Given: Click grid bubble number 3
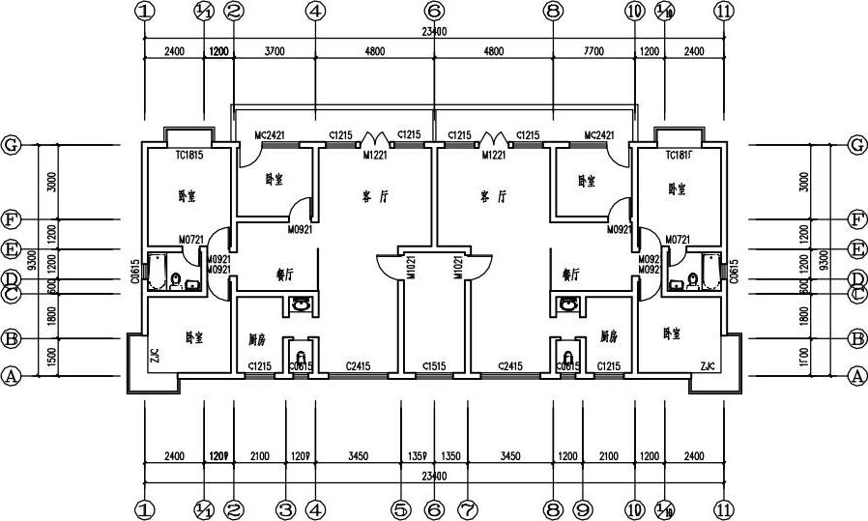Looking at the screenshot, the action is tap(285, 507).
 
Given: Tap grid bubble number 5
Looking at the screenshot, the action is tap(402, 507).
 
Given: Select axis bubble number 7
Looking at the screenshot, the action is tap(468, 507).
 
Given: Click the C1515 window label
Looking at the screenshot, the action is tap(434, 366).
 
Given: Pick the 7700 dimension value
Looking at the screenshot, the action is tap(593, 53).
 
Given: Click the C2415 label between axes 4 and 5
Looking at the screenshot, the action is tap(359, 366).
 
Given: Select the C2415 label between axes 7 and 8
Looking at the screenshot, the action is tap(509, 366).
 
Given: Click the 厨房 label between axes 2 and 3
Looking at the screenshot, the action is tap(256, 338).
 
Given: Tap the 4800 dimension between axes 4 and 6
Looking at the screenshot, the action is tap(374, 53).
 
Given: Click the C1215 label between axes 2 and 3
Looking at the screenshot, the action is tap(259, 366).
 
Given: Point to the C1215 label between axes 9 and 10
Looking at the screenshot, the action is tap(608, 366).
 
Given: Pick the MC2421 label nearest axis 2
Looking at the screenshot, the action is tap(271, 136).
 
